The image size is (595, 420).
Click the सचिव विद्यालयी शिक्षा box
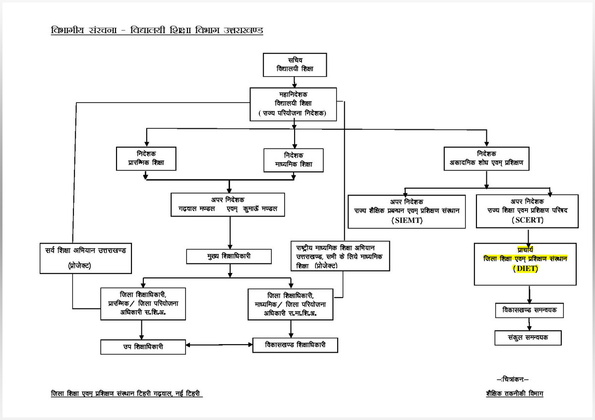pyautogui.click(x=295, y=64)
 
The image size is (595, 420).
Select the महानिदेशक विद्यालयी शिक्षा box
pyautogui.click(x=295, y=104)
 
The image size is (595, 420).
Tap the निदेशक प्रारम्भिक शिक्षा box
pyautogui.click(x=146, y=158)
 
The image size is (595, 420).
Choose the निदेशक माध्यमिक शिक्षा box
pyautogui.click(x=294, y=160)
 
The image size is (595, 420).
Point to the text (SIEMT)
pyautogui.click(x=407, y=220)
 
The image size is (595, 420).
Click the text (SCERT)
pyautogui.click(x=527, y=220)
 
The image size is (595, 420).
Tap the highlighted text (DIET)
pyautogui.click(x=526, y=269)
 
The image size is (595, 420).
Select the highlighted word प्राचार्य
pyautogui.click(x=525, y=249)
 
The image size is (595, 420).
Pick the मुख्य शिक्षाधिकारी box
pyautogui.click(x=229, y=257)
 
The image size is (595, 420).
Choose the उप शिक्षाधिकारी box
pyautogui.click(x=143, y=347)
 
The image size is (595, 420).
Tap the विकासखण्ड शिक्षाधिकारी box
pyautogui.click(x=295, y=345)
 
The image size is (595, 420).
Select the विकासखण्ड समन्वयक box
pyautogui.click(x=530, y=310)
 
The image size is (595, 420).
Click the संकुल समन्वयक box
pyautogui.click(x=528, y=338)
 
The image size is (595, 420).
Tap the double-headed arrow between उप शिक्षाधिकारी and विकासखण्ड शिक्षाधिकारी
pyautogui.click(x=219, y=345)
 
